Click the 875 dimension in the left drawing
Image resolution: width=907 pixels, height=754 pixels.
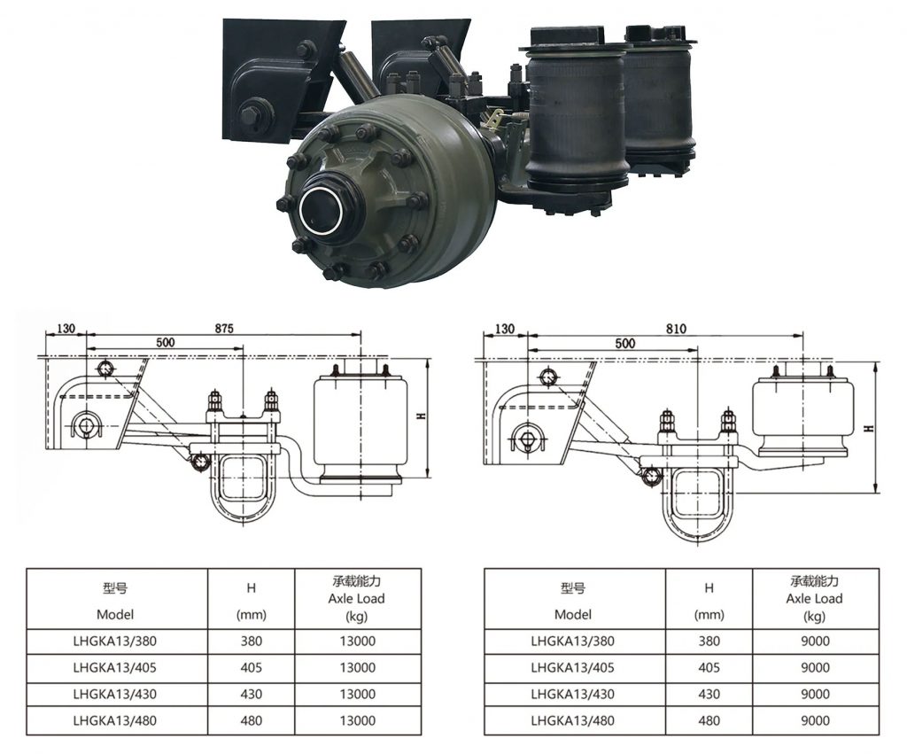[x=224, y=328]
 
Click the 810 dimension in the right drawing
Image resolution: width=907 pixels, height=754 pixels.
[x=676, y=329]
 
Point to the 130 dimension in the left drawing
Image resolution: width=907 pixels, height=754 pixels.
[x=66, y=328]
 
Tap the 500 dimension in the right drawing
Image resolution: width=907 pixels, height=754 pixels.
[x=625, y=343]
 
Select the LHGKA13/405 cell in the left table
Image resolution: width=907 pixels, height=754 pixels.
[x=115, y=667]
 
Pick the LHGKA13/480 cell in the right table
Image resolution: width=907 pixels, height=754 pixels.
[x=573, y=720]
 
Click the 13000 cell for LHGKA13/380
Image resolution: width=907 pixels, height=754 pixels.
[x=358, y=641]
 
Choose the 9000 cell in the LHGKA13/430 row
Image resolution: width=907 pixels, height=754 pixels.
[x=815, y=694]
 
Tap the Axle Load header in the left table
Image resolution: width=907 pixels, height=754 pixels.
[x=356, y=598]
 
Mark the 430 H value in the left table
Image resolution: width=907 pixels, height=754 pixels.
[x=251, y=694]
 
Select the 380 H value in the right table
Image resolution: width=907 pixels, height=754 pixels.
[x=709, y=641]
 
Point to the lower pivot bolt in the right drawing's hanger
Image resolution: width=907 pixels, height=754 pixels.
[x=528, y=439]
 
